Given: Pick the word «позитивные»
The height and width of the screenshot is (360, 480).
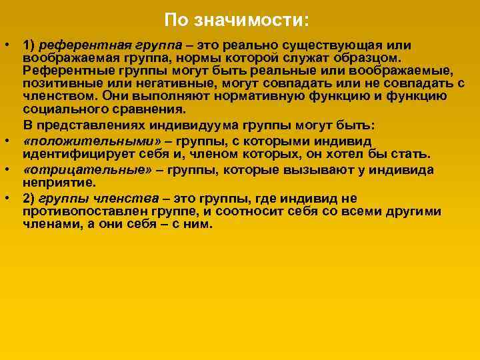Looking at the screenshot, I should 55,83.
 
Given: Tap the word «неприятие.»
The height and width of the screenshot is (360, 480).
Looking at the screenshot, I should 59,182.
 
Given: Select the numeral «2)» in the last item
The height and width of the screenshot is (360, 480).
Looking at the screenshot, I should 29,198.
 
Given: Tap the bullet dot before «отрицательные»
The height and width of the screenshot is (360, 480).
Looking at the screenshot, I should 6,169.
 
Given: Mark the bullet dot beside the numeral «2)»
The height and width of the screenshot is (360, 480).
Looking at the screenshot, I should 6,198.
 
